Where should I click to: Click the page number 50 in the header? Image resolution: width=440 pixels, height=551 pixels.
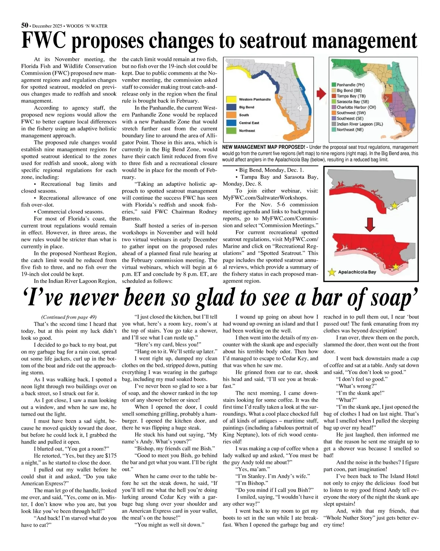[x=25, y=25]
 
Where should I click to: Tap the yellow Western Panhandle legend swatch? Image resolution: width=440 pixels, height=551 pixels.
[x=231, y=99]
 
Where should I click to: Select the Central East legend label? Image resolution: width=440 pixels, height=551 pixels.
[x=249, y=123]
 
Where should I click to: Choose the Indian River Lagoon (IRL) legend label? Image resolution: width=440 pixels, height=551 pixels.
[x=359, y=124]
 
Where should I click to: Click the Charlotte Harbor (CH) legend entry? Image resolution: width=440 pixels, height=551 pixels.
[x=356, y=107]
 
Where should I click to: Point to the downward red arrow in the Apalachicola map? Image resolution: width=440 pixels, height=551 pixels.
[x=370, y=225]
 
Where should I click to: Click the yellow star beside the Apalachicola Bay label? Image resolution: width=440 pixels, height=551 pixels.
[x=332, y=272]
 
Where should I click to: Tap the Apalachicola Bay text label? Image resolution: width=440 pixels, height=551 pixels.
[x=357, y=272]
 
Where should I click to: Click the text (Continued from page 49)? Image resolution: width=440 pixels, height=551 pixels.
[x=69, y=317]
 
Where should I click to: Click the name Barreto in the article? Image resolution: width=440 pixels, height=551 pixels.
[x=131, y=218]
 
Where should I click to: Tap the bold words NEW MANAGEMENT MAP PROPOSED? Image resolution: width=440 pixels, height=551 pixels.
[x=261, y=147]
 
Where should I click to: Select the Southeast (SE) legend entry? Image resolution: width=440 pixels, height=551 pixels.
[x=350, y=118]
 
